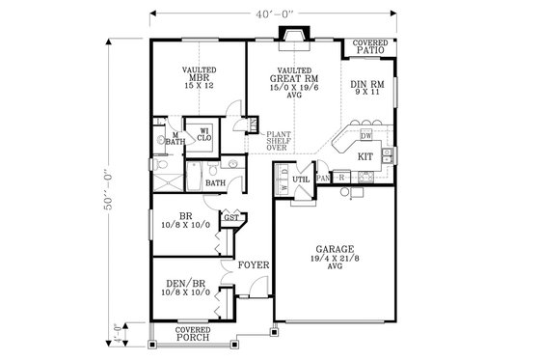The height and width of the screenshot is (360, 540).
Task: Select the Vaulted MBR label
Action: coord(199,77)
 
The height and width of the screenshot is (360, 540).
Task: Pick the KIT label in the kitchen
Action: coord(365,154)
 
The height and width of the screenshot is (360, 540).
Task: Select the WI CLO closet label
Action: coord(204,135)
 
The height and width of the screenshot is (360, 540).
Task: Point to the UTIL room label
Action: coord(301,178)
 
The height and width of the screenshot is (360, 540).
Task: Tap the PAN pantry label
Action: coord(323,179)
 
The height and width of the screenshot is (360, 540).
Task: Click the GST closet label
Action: coord(231,218)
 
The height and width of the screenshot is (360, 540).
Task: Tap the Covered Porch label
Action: coord(193,334)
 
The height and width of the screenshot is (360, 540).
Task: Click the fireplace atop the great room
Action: coord(291,36)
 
